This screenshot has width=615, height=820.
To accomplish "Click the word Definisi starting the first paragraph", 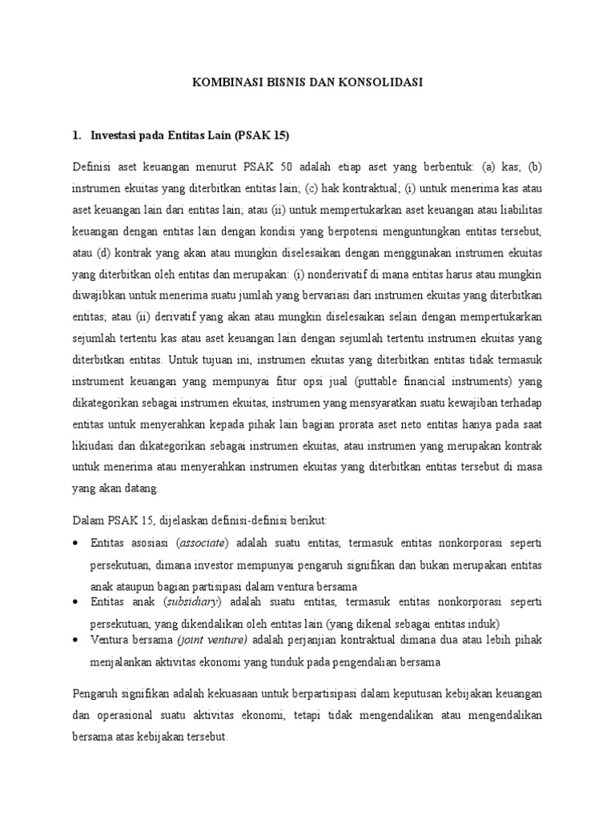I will click(x=92, y=167).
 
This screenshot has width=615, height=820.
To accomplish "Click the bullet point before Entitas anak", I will click(x=75, y=602).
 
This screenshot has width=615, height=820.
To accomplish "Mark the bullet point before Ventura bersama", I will click(x=75, y=641).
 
